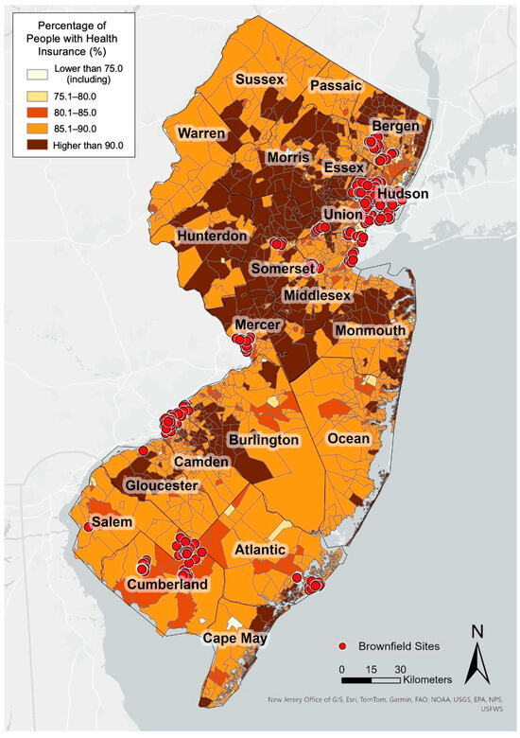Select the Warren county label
199,133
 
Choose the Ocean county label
349,439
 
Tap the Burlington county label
264,440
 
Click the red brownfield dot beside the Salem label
87,527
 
